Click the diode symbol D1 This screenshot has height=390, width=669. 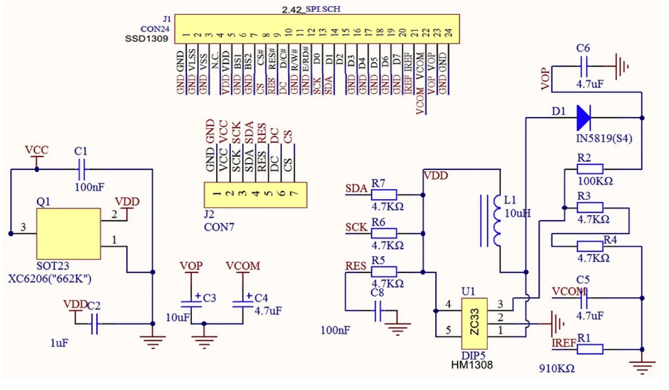(584, 118)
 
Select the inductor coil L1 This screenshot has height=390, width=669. (496, 221)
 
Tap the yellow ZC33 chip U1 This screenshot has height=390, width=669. (474, 323)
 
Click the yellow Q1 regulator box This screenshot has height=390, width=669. (69, 234)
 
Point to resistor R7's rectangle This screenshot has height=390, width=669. (384, 195)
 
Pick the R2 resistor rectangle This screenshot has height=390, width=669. (590, 169)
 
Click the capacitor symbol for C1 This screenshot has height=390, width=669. (81, 170)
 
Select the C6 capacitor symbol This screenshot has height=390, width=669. (584, 66)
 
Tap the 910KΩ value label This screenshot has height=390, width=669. (557, 369)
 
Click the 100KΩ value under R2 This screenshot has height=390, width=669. (595, 181)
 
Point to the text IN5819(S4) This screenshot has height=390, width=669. (604, 139)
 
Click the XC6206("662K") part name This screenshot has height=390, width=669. (49, 279)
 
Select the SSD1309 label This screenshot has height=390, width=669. (147, 39)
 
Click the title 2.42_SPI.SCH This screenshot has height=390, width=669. (311, 9)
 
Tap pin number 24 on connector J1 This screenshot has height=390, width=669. (448, 33)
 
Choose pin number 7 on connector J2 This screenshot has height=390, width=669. (294, 193)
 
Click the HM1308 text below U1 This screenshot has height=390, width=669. (472, 365)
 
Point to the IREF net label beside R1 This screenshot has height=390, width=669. (563, 343)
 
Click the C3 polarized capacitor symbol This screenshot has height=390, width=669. (191, 304)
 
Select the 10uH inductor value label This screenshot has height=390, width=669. (518, 213)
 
